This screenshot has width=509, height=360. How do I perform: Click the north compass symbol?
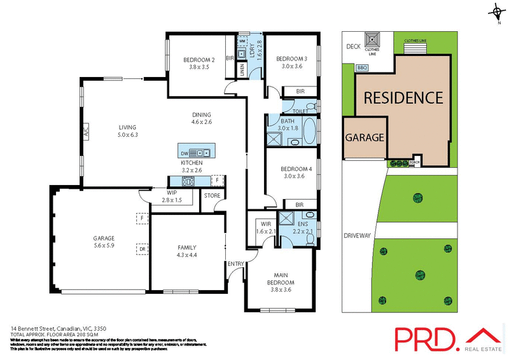point(495,11)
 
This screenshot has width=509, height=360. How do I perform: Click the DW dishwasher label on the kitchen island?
point(184,153)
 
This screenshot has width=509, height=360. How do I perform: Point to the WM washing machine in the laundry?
point(242,41)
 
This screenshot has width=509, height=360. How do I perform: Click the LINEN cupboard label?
point(242,70)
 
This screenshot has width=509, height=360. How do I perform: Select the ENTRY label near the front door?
point(236,263)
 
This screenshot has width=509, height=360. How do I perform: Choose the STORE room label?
point(211,196)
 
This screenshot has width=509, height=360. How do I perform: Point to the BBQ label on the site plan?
point(363,67)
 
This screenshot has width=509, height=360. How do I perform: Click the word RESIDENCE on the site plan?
point(403,98)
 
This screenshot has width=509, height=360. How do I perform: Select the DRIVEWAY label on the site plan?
point(356,235)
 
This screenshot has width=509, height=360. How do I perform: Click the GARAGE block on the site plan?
point(365,137)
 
